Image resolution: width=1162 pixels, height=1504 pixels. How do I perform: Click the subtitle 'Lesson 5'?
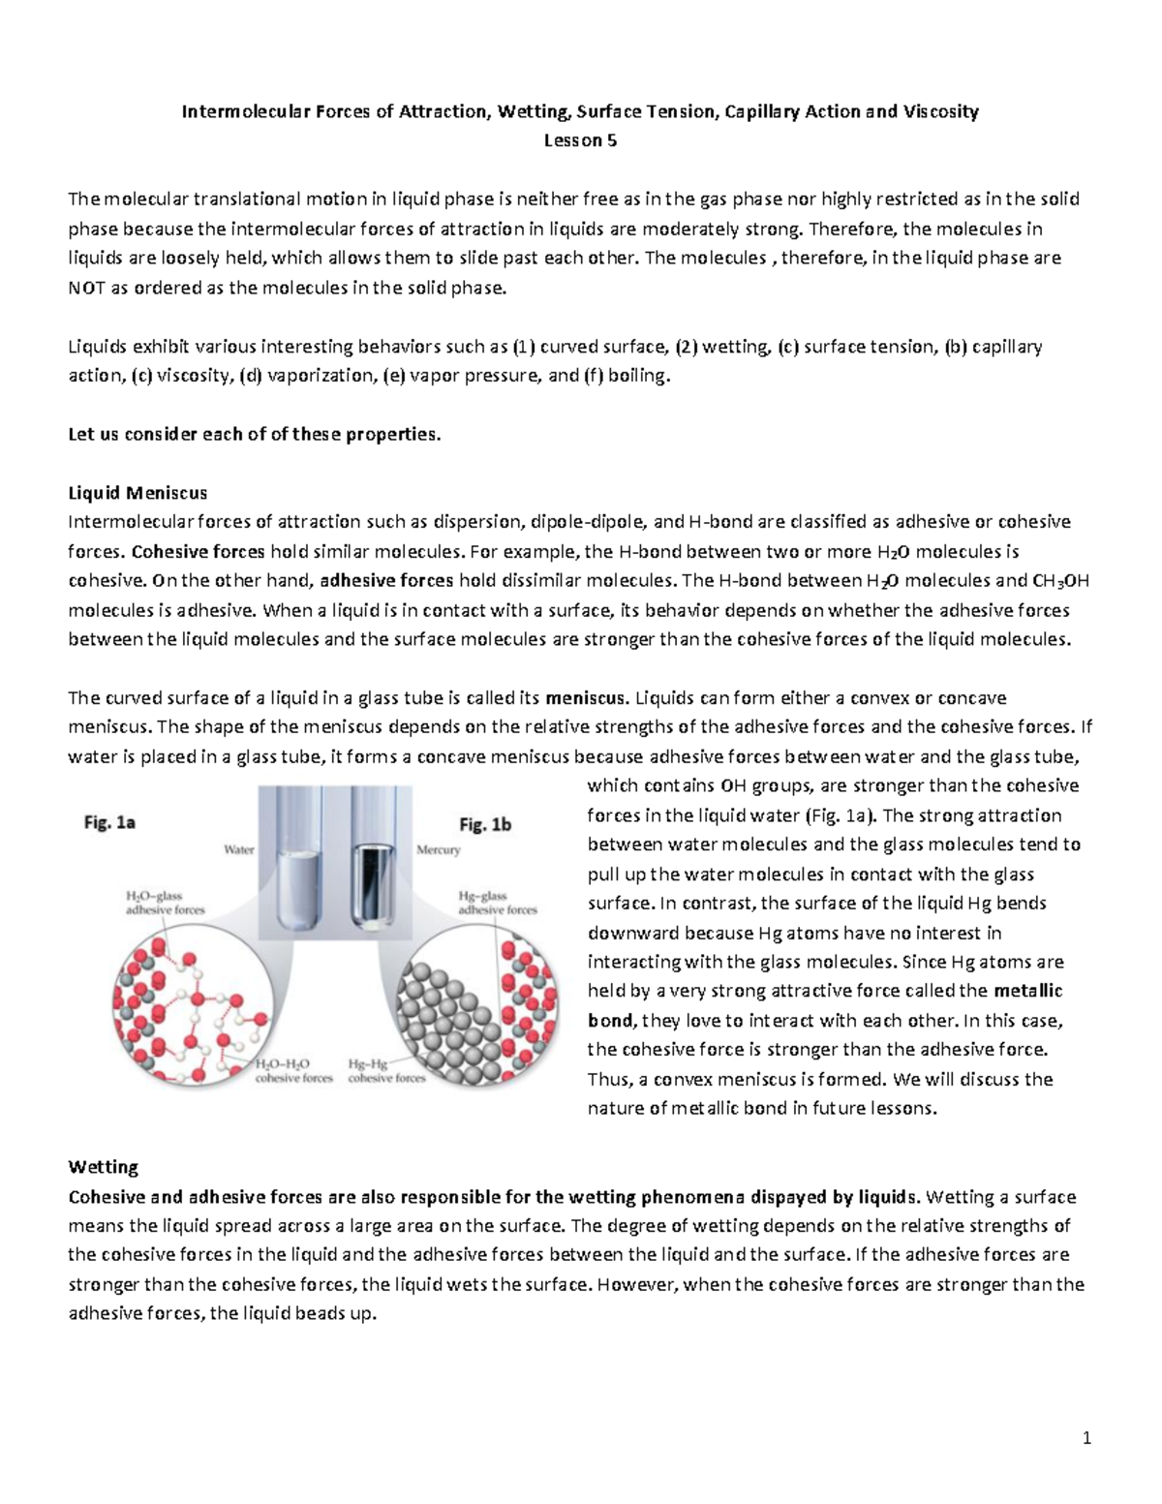pyautogui.click(x=580, y=140)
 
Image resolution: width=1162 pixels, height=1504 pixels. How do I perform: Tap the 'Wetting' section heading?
pyautogui.click(x=104, y=1166)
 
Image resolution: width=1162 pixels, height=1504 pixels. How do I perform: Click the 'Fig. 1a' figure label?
pyautogui.click(x=108, y=823)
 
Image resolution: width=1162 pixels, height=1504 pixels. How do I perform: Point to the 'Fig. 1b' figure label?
pyautogui.click(x=484, y=825)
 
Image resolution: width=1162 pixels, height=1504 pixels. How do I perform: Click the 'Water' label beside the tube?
pyautogui.click(x=238, y=849)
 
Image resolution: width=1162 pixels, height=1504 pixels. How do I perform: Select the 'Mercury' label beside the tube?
pyautogui.click(x=438, y=849)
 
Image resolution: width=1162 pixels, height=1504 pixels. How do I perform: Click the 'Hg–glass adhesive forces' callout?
pyautogui.click(x=497, y=903)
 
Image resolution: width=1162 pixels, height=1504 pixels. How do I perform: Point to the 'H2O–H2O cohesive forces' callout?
pyautogui.click(x=293, y=1070)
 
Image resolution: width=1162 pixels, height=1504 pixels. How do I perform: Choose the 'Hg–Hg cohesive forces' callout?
pyautogui.click(x=386, y=1070)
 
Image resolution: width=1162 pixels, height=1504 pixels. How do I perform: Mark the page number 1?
pyautogui.click(x=1086, y=1438)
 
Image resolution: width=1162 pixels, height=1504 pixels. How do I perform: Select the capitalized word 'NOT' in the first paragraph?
pyautogui.click(x=88, y=288)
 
